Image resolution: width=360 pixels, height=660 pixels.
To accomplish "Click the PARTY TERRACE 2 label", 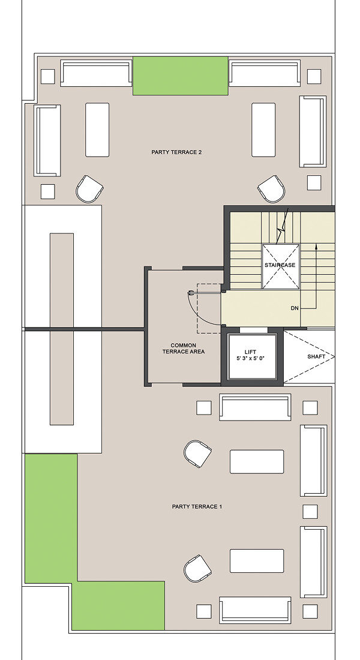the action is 176,152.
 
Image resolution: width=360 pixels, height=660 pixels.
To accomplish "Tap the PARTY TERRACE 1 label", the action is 197,506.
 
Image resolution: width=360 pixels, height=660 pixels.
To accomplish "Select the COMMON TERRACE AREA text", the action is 183,348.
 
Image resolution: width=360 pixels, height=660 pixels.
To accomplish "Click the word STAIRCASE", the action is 280,265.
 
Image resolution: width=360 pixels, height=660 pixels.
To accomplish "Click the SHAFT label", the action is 316,356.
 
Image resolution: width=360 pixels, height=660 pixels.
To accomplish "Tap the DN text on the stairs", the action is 295,308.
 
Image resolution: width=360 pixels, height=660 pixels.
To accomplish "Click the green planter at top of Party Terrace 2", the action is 181,76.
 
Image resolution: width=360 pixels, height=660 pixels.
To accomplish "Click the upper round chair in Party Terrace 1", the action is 197,454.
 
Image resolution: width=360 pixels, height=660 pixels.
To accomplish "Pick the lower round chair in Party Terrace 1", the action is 197,568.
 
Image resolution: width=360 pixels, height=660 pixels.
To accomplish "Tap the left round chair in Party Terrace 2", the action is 89,188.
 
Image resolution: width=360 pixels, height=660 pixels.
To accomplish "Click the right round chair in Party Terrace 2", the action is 271,188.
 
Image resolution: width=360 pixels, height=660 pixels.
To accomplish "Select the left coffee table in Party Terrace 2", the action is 97,130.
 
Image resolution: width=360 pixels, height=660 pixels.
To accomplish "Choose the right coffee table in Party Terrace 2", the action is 263,130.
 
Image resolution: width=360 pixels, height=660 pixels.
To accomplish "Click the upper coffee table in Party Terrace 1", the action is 257,461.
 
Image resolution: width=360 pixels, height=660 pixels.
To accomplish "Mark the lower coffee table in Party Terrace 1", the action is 257,560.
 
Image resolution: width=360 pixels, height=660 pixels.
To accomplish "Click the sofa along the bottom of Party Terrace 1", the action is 255,610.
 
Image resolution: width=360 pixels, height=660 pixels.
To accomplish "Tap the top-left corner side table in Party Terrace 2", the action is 48,76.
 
